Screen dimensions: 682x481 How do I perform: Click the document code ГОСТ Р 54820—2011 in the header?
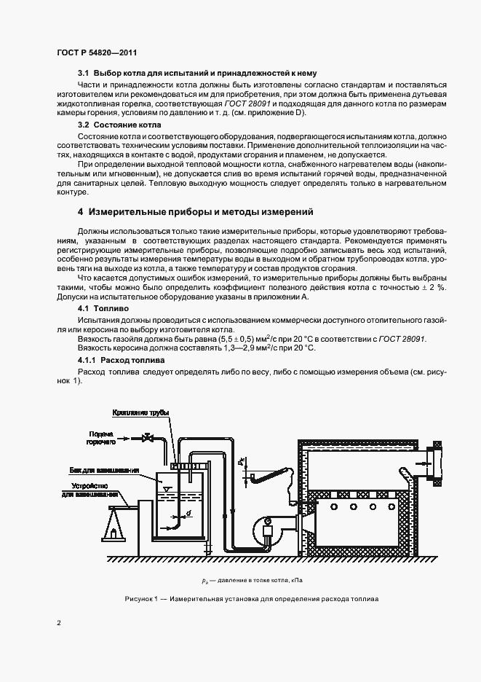[97, 52]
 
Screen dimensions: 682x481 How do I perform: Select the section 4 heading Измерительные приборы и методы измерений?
[196, 212]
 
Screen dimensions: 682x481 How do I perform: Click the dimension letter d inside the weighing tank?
[189, 513]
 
